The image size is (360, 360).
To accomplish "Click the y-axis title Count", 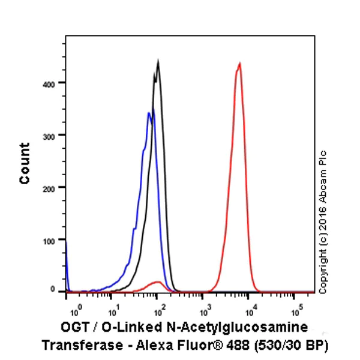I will [x=25, y=163].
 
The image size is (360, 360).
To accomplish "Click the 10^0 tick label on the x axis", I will [x=74, y=310].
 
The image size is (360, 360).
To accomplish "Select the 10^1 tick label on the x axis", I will [x=113, y=310].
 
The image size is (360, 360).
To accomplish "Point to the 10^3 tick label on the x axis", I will [x=205, y=310].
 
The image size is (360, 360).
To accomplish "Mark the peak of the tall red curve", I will [x=239, y=63].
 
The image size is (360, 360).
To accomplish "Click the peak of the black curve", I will [x=158, y=61].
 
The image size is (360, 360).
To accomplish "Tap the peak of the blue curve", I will [x=149, y=113].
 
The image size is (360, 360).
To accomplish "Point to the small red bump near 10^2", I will [x=157, y=281].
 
